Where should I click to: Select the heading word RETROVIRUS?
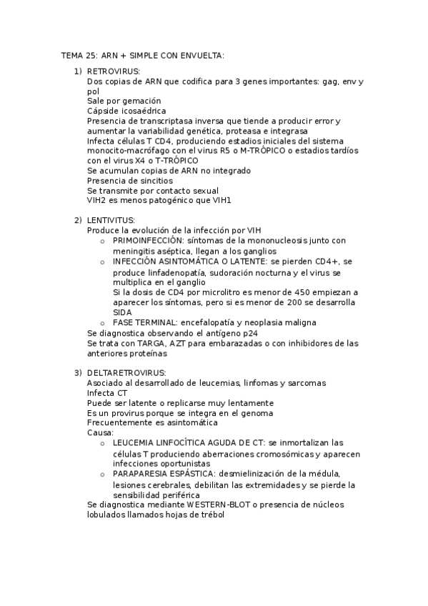tap(114, 71)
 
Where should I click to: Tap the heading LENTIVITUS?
tap(110, 219)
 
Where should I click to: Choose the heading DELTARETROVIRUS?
tap(126, 373)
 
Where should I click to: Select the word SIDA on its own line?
tap(122, 312)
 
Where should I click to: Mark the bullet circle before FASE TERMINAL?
tap(103, 323)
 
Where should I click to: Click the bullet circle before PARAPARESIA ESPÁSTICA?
tap(103, 474)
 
